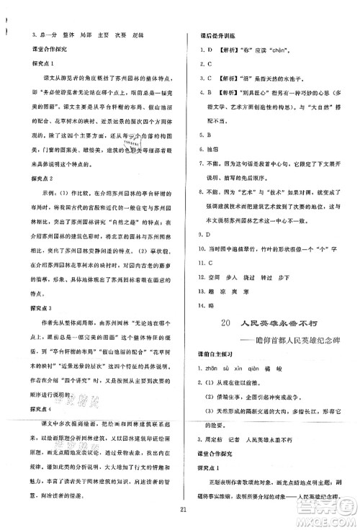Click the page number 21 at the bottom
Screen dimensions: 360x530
[179, 510]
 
